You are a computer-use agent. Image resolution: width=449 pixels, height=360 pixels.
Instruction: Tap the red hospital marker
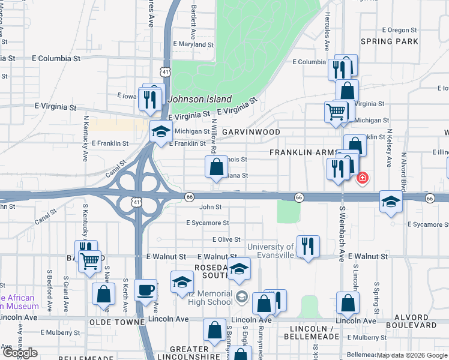pos(362,178)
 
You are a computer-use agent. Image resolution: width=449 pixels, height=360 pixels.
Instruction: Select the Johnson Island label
pos(200,99)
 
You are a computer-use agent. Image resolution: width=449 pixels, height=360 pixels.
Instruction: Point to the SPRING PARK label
pos(389,41)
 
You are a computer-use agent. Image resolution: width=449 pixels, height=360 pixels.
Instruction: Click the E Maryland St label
pos(193,44)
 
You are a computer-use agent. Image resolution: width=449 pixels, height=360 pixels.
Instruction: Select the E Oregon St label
pos(400,30)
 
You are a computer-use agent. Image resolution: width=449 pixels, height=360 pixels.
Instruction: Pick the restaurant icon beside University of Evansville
pos(308,245)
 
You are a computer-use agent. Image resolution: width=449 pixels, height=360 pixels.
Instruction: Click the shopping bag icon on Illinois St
pos(216,167)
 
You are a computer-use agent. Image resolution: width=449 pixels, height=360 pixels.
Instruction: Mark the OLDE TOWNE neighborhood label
pos(117,322)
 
